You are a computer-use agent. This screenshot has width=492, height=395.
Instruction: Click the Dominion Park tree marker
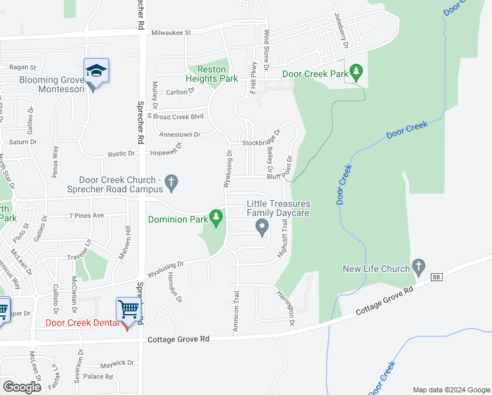click(x=216, y=217)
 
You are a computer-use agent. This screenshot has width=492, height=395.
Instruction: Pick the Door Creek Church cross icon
click(x=172, y=182)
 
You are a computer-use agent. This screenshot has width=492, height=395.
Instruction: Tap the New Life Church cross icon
click(x=418, y=266)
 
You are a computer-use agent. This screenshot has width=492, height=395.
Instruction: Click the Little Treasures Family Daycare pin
click(x=262, y=228)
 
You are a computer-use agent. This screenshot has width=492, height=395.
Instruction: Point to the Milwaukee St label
click(x=170, y=32)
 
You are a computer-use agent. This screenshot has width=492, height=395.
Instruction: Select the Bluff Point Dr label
click(x=283, y=176)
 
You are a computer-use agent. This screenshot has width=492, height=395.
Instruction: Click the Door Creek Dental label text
click(x=82, y=323)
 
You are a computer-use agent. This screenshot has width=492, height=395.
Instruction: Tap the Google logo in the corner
click(x=22, y=386)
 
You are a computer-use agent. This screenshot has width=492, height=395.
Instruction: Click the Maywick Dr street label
click(x=117, y=363)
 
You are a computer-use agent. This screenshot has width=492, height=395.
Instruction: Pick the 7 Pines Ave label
click(x=87, y=215)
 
